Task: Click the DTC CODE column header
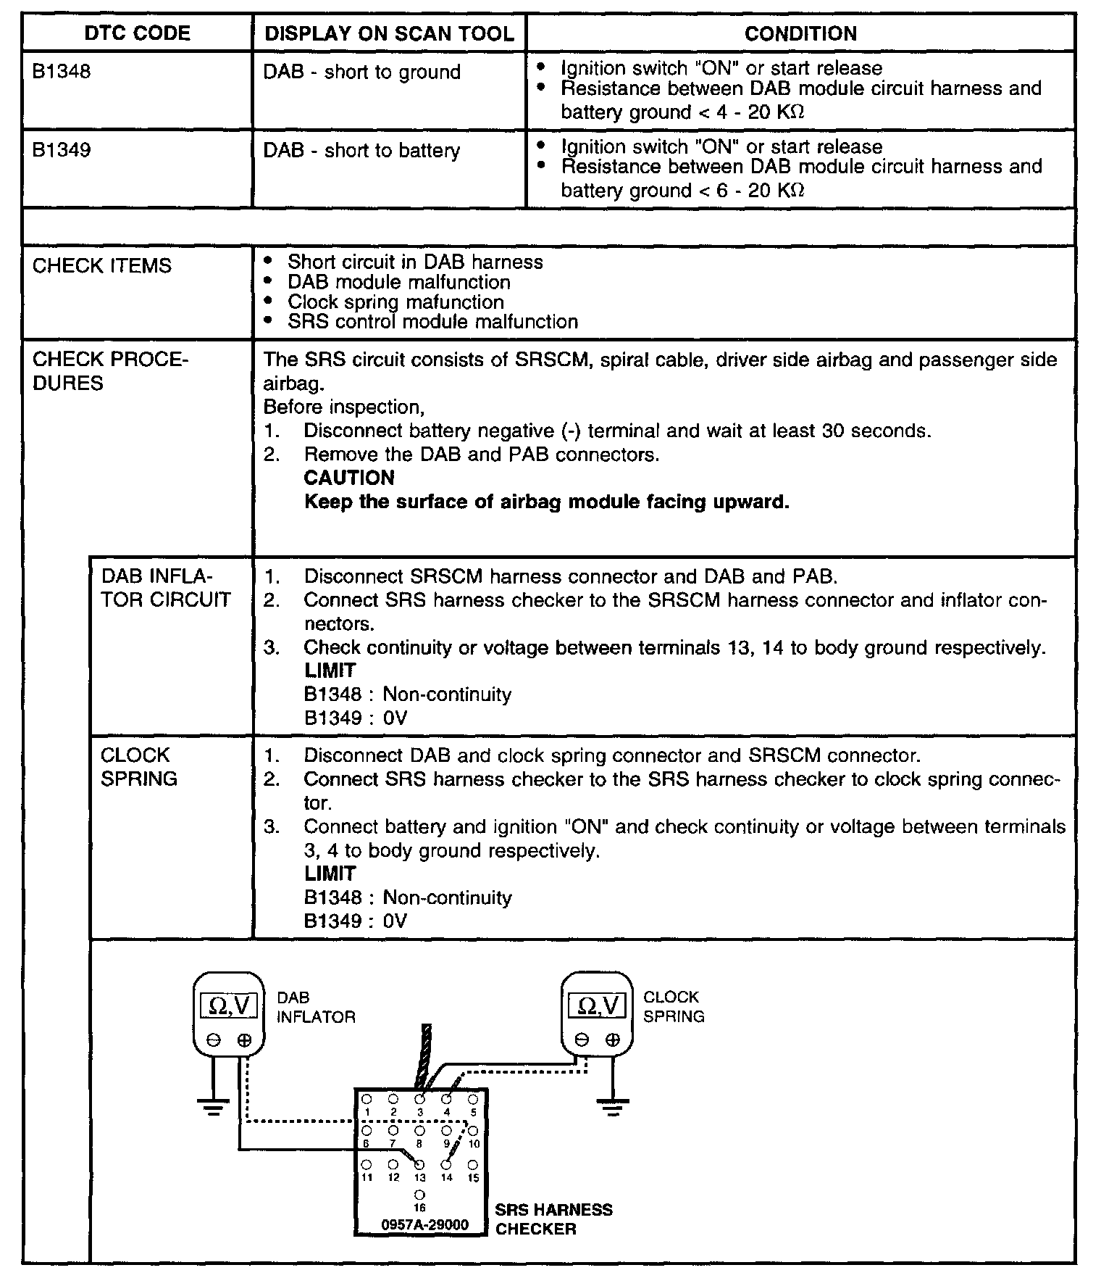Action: [137, 33]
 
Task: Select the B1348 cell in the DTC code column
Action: [62, 72]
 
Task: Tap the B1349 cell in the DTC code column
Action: [62, 150]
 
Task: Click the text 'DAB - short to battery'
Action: [361, 151]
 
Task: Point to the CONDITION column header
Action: [800, 33]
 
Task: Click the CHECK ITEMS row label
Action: [102, 265]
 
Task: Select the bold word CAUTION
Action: [349, 478]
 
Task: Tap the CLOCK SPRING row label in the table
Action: [138, 766]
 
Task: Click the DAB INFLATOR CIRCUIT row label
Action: [165, 588]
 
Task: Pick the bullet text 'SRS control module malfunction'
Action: [432, 321]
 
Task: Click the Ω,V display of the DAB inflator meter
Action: [228, 1005]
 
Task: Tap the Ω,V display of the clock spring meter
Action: [597, 1005]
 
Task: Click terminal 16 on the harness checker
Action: [419, 1195]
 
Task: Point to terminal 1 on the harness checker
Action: [367, 1099]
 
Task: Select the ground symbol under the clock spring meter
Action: [613, 1107]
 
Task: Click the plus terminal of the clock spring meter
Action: [613, 1040]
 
